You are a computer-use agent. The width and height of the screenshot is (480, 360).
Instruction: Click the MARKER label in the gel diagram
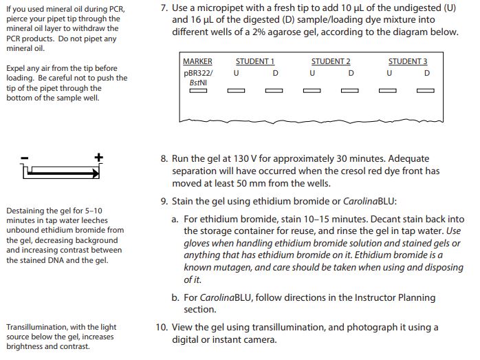click(x=197, y=61)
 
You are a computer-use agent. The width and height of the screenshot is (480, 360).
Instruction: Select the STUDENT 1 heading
click(x=255, y=61)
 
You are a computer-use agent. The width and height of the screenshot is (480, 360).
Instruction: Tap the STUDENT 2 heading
click(x=331, y=61)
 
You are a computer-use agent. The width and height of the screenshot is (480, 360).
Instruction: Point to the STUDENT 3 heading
click(x=408, y=61)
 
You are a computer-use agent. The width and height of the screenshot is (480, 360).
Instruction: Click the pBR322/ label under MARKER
click(x=198, y=72)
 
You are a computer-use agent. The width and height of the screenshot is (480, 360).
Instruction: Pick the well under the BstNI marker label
click(x=198, y=91)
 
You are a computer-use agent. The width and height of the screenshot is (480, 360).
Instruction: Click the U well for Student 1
click(x=237, y=91)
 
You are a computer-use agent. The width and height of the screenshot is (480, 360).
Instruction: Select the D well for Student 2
click(x=351, y=91)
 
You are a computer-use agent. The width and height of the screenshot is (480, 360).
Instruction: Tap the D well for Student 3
click(x=426, y=91)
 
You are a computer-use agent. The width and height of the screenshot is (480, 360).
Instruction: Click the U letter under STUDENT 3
click(x=389, y=72)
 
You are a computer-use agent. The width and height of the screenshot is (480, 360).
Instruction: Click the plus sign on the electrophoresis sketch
click(x=98, y=157)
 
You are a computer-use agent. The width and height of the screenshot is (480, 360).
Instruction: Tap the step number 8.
click(x=164, y=158)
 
